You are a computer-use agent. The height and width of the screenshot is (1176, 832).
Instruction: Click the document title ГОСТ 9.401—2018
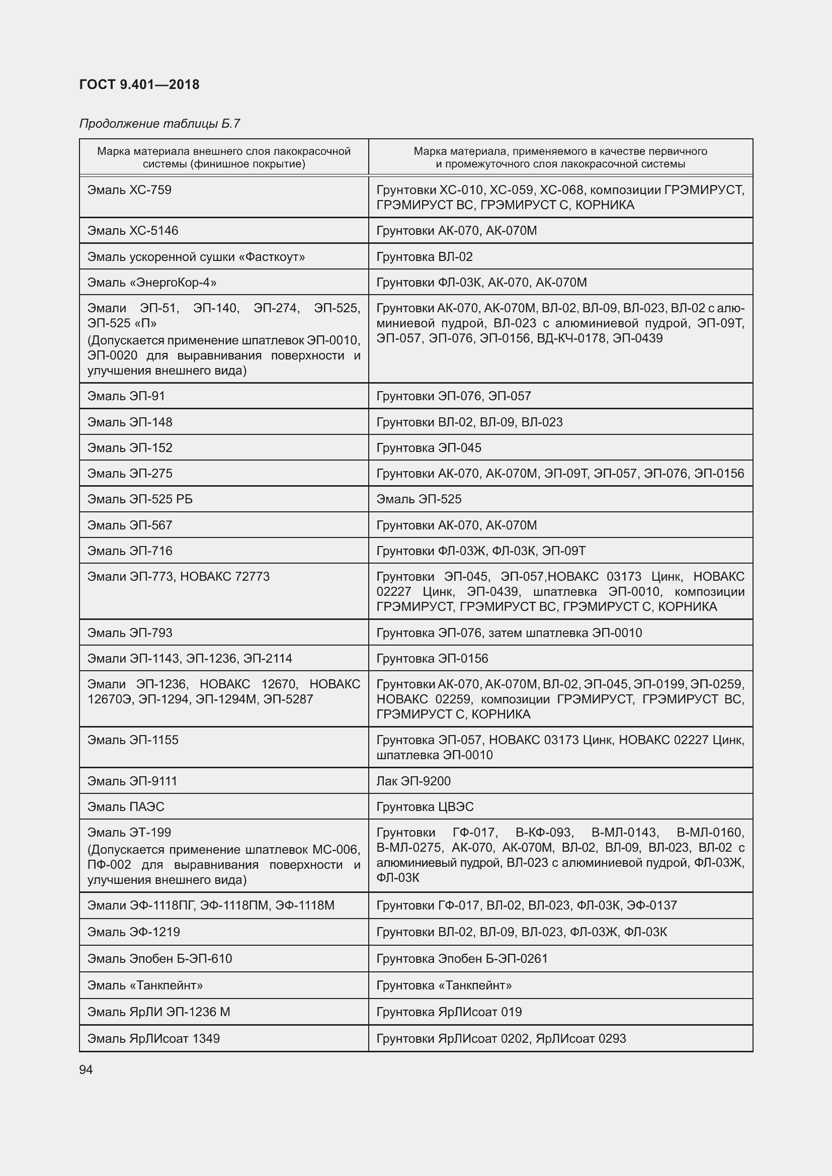coord(139,84)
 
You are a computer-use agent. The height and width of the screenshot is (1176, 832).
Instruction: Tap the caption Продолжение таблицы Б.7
coord(159,124)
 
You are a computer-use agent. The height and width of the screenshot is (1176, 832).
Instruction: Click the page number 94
coord(86,1069)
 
